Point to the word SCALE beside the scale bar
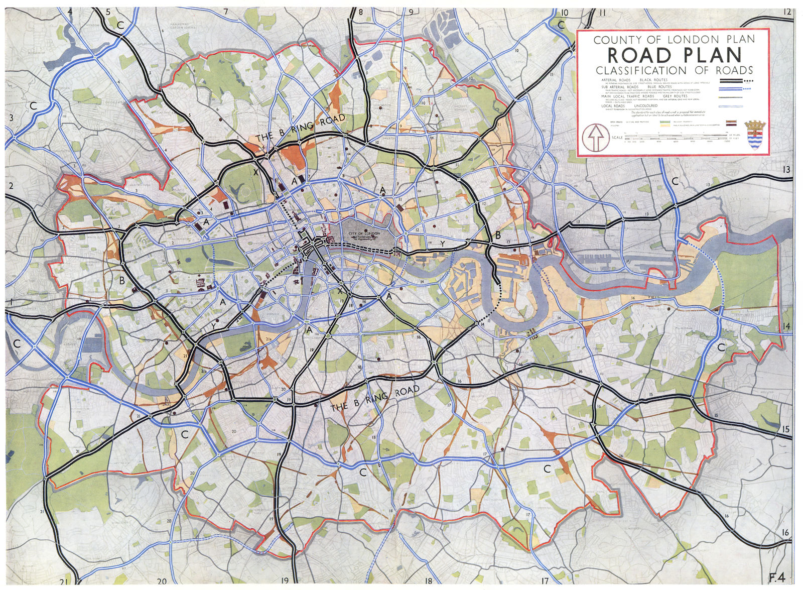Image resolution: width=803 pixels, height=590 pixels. [x=616, y=137]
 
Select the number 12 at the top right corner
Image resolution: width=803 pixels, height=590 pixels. [x=786, y=12]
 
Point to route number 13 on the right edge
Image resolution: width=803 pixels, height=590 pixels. [x=786, y=170]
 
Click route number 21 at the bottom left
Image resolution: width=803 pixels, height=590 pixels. [x=64, y=581]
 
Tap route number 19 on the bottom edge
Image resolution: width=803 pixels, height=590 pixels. [x=285, y=581]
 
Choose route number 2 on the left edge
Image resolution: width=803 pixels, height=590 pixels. [x=11, y=186]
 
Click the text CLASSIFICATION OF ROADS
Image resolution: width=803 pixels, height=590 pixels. [x=674, y=70]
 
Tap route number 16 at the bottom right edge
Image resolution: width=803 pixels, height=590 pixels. [x=785, y=532]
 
